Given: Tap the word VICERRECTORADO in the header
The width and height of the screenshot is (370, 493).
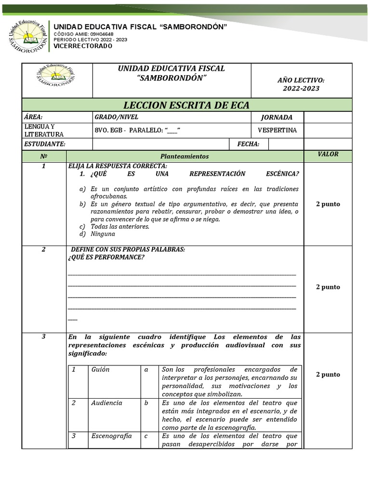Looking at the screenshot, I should pyautogui.click(x=82, y=46).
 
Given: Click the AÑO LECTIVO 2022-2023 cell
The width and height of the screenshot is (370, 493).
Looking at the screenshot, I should pyautogui.click(x=301, y=84).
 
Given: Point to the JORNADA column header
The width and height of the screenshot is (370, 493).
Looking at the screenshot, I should pyautogui.click(x=277, y=117).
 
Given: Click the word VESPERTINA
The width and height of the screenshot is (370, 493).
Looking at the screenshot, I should pyautogui.click(x=277, y=130).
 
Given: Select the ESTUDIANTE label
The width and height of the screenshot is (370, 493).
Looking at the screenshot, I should pyautogui.click(x=45, y=144).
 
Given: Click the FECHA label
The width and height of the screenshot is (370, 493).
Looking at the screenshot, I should pyautogui.click(x=248, y=144).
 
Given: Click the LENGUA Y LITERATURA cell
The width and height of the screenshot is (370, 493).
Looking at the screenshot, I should pyautogui.click(x=44, y=130).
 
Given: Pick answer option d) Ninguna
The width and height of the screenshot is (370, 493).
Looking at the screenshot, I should pyautogui.click(x=103, y=234).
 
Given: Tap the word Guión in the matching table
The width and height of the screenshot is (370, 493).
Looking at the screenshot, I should pyautogui.click(x=100, y=370).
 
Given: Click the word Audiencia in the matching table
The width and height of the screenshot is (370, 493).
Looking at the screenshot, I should pyautogui.click(x=106, y=403).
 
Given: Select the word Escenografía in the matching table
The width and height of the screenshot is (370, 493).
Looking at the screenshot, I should pyautogui.click(x=111, y=436).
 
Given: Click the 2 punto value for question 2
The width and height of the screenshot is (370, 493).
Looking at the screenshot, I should pyautogui.click(x=328, y=287).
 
